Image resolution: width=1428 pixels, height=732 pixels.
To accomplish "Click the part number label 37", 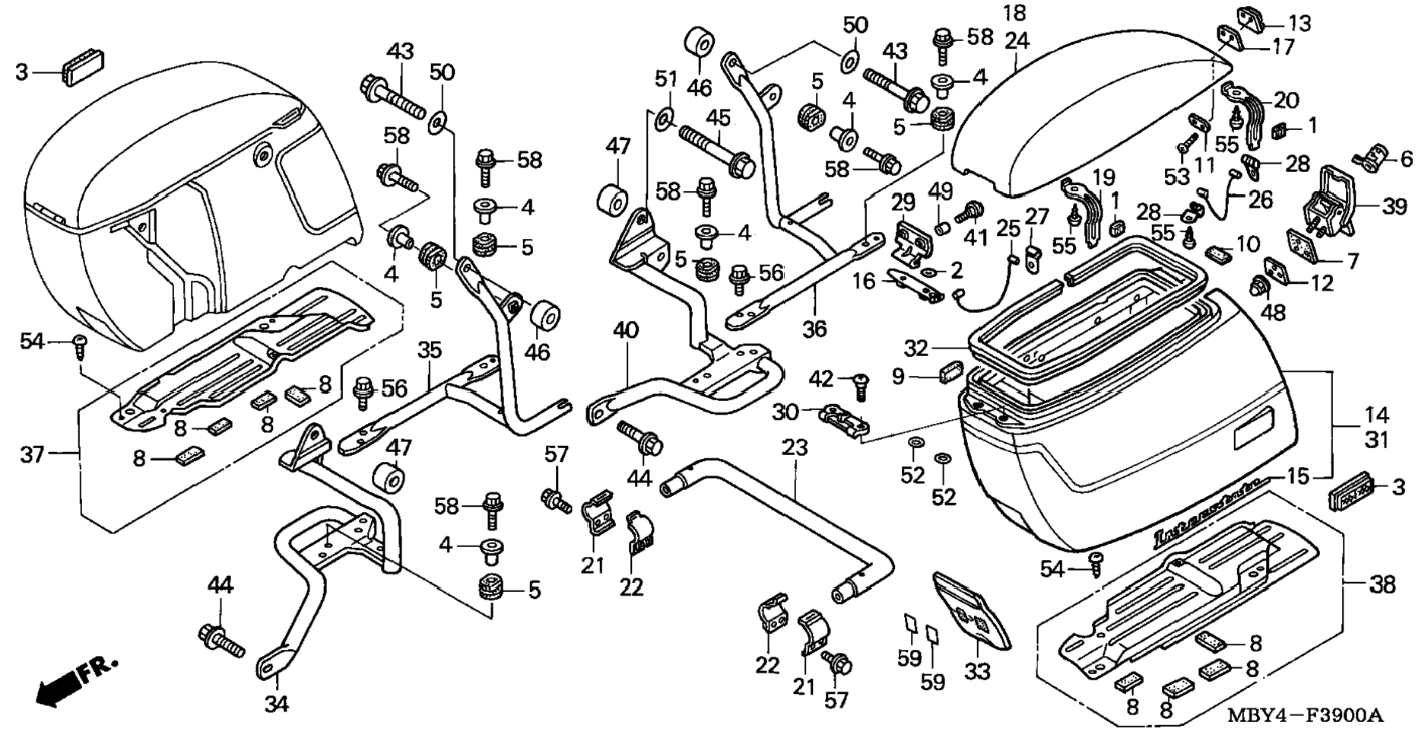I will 33,454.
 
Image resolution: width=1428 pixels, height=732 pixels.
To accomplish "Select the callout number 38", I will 1383,584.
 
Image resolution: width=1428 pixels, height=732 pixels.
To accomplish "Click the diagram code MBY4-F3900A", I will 1304,715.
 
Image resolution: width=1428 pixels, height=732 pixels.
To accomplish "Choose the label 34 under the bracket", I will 277,704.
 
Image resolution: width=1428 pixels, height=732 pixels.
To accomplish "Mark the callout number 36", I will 814,328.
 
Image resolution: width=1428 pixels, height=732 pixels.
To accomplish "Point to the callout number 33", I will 978,671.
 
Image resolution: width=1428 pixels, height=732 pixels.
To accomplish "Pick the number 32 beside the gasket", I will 916,348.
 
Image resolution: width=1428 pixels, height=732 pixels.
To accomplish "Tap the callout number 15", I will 1299,476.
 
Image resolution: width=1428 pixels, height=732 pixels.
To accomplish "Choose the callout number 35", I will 430,350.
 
